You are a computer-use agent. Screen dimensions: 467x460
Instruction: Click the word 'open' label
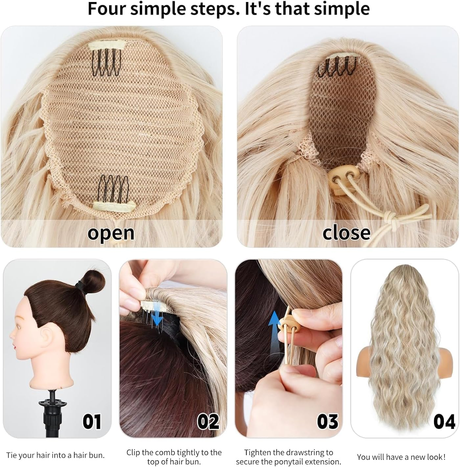coord(111,233)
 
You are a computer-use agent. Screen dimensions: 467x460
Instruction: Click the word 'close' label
coord(346,233)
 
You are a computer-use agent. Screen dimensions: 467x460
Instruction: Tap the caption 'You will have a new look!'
coord(401,457)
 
